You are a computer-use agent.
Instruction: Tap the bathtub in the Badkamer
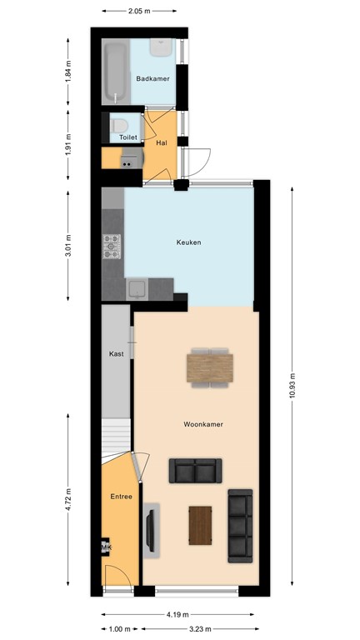tap(115, 72)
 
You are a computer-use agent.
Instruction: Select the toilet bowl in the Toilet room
tap(116, 127)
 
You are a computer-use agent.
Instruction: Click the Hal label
tap(162, 143)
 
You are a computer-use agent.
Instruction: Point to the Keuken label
tap(188, 242)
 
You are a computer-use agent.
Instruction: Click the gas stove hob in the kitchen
tap(112, 247)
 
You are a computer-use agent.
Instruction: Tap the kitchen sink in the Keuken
tap(137, 289)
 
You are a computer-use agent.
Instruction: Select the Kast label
tap(116, 354)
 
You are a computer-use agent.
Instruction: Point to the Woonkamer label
tap(203, 424)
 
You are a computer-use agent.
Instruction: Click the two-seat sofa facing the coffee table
tap(196, 471)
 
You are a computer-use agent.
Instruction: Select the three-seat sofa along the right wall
tap(240, 524)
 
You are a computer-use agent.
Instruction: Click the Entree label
tap(122, 497)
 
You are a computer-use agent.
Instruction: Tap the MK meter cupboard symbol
tap(106, 547)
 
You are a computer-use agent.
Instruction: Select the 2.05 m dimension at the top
tap(139, 11)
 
